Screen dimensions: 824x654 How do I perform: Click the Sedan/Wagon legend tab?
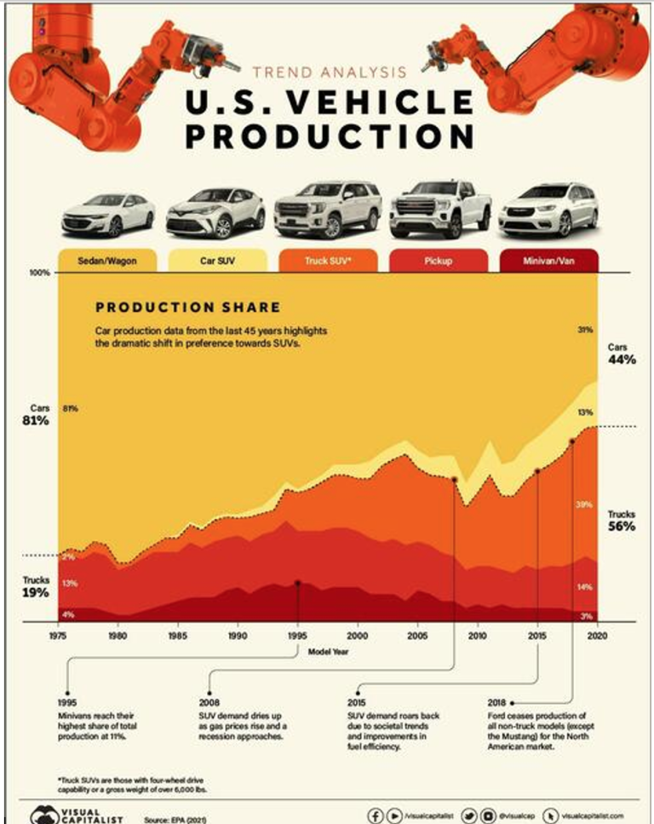point(106,259)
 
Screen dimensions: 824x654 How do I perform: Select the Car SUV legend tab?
point(213,259)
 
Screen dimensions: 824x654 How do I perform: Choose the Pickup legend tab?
point(438,259)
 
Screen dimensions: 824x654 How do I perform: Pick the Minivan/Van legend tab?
point(548,259)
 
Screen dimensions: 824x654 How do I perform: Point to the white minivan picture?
point(548,209)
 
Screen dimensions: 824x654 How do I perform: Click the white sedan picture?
point(108,213)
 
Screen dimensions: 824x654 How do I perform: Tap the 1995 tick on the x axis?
point(297,636)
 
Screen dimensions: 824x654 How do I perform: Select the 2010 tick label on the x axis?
point(476,636)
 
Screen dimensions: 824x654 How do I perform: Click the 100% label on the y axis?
point(42,274)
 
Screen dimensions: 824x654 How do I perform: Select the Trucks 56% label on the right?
point(622,521)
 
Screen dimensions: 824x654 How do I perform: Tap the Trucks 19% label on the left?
point(36,586)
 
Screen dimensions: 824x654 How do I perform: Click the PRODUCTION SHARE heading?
point(187,307)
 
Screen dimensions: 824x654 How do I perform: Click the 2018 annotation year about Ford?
point(496,702)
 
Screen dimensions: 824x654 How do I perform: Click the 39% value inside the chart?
point(583,504)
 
